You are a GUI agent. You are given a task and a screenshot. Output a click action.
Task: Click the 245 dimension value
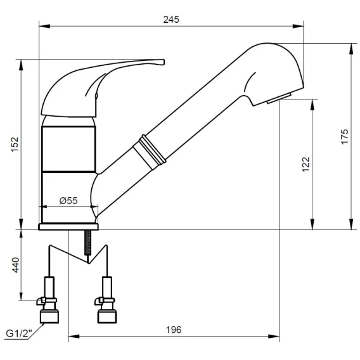pos(171,20)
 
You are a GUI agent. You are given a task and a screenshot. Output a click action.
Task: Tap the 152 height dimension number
pos(15,145)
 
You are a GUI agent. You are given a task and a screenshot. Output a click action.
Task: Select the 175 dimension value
pos(345,137)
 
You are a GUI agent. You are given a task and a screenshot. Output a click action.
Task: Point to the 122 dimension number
pos(306,164)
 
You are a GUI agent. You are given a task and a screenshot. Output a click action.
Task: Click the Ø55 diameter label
pos(68,201)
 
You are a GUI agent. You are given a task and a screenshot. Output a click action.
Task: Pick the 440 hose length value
pos(16,265)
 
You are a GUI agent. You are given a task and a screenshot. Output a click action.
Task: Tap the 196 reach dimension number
pos(174,330)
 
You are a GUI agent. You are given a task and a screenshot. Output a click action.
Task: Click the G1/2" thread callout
pos(19,333)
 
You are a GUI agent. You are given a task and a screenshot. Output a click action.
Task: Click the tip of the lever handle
pos(164,62)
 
